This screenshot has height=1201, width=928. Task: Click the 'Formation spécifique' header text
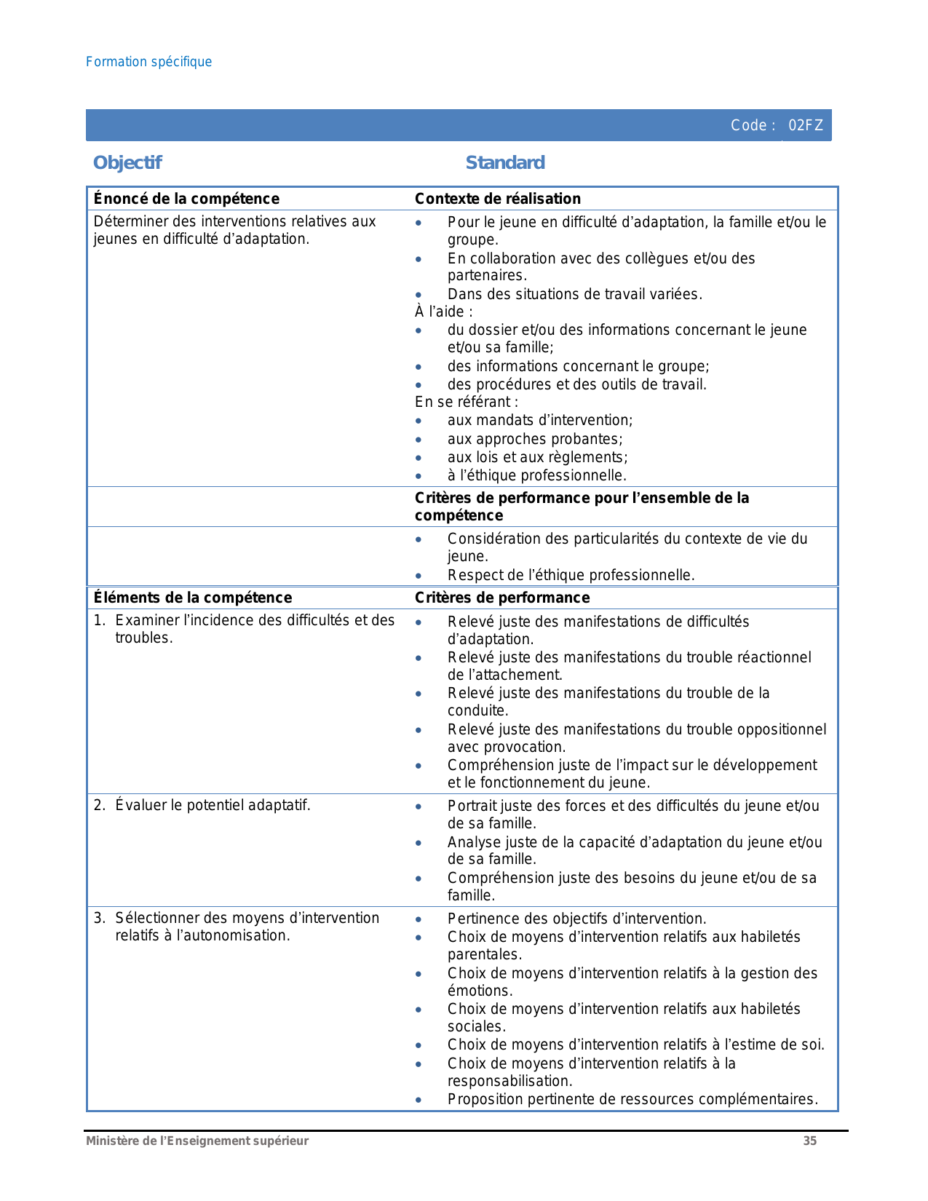pos(148,62)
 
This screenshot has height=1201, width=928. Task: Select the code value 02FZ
pos(806,125)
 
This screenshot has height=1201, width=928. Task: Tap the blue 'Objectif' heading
pos(127,162)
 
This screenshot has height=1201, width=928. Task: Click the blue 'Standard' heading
pos(505,162)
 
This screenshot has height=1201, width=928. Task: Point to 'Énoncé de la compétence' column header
pos(186,199)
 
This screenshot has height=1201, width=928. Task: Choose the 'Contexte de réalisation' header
pos(498,199)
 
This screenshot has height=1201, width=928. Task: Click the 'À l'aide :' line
pos(444,312)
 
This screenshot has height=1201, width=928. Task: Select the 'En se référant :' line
pos(467,402)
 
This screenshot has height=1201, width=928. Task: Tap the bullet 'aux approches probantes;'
pos(535,439)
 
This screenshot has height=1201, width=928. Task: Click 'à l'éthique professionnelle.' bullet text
pos(537,475)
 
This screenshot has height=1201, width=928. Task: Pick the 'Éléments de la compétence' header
pos(193,598)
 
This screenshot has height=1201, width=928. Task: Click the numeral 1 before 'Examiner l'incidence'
pos(98,620)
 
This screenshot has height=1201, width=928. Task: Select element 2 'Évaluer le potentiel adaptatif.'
pos(213,805)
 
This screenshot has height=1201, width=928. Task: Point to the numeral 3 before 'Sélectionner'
pos(98,918)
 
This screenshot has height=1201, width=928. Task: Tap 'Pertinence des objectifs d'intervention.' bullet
pos(576,919)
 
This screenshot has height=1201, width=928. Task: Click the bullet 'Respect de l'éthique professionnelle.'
pos(571,575)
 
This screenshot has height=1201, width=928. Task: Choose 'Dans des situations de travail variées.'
pos(575,294)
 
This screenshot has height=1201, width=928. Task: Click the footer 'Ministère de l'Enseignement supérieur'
pos(197,1141)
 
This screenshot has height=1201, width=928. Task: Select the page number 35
pos(809,1141)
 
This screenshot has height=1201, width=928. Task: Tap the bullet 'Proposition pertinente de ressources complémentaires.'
pos(632,1099)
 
